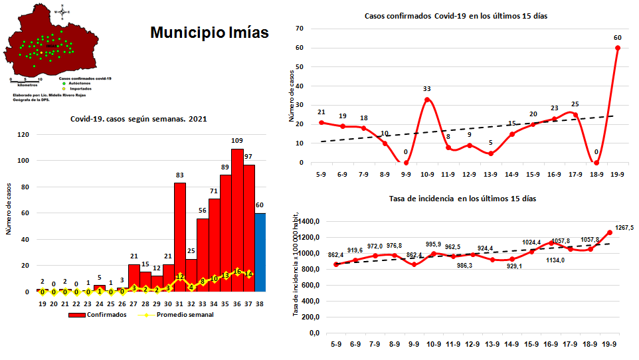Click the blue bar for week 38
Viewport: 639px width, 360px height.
260,252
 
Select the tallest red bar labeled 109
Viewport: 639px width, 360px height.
237,220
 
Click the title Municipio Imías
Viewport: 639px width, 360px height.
209,33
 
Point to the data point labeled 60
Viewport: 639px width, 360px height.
618,47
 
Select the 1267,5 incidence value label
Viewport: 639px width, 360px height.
624,227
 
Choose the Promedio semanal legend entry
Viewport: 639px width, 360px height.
182,315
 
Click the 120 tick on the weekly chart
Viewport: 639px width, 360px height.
23,135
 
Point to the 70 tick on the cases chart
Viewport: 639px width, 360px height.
300,29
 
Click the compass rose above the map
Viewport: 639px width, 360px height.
62,11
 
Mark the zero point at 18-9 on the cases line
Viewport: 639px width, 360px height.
596,163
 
